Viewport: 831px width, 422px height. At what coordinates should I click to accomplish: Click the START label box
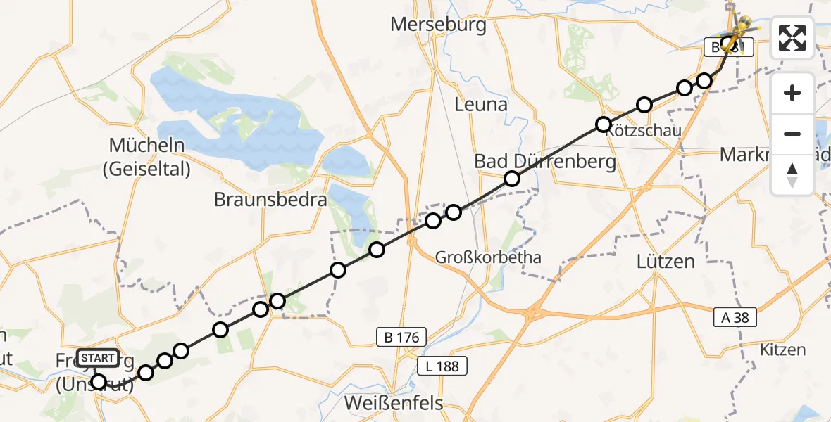pyautogui.click(x=98, y=358)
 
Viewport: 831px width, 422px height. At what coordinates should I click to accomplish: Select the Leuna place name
pyautogui.click(x=481, y=105)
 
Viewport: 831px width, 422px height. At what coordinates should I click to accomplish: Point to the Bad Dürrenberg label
pyautogui.click(x=544, y=161)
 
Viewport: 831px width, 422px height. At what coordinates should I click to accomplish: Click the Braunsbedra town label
pyautogui.click(x=270, y=200)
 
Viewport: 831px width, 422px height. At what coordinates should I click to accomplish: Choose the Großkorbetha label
pyautogui.click(x=488, y=257)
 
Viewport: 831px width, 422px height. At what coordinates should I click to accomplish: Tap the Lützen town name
pyautogui.click(x=665, y=262)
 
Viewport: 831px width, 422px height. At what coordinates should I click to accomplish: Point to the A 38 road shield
pyautogui.click(x=736, y=319)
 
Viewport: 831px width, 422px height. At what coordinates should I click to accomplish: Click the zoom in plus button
pyautogui.click(x=792, y=93)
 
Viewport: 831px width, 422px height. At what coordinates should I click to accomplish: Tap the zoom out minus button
pyautogui.click(x=792, y=134)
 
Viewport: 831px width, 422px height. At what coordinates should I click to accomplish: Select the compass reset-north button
pyautogui.click(x=792, y=174)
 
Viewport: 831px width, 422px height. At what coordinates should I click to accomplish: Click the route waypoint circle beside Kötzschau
pyautogui.click(x=604, y=124)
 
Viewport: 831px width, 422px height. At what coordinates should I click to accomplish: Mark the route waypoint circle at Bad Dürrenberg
pyautogui.click(x=512, y=179)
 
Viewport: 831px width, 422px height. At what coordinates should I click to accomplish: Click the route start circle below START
pyautogui.click(x=99, y=382)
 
